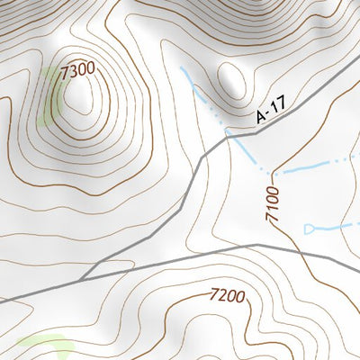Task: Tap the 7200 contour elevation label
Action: pyautogui.click(x=227, y=294)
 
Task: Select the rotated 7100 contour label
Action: pyautogui.click(x=274, y=204)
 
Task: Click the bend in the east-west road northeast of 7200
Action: pyautogui.click(x=258, y=244)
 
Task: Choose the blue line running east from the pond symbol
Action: pyautogui.click(x=337, y=228)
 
